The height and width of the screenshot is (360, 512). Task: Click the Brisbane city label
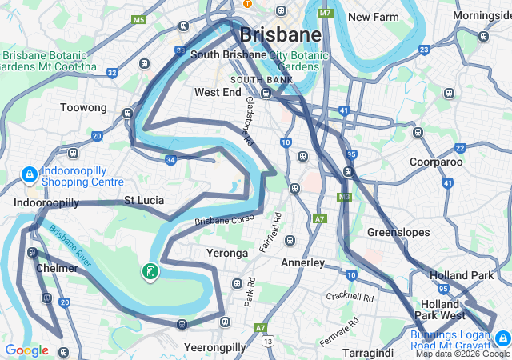tap(280, 35)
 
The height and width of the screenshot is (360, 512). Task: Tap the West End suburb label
tap(218, 93)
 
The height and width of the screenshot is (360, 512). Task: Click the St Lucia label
tap(144, 199)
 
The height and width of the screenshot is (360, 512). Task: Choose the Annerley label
tap(302, 262)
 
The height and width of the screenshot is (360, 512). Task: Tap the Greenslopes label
tap(398, 233)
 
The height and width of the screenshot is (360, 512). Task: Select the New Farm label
tap(373, 17)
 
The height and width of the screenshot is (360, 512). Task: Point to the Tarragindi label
tap(368, 352)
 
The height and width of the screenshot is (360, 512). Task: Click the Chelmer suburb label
tap(57, 268)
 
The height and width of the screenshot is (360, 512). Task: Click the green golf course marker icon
tap(149, 272)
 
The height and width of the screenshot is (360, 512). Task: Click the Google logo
tap(26, 350)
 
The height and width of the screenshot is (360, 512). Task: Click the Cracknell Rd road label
tap(350, 297)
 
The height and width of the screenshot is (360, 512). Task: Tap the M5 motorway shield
tap(139, 19)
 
